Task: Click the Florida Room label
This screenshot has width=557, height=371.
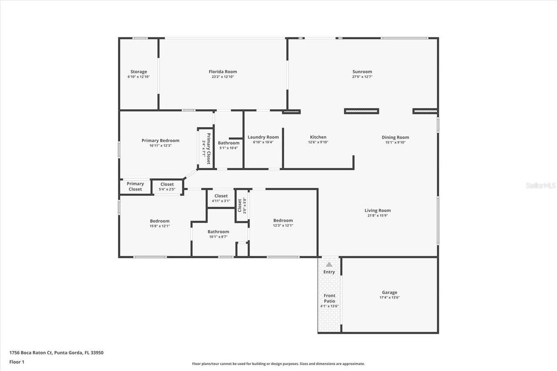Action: [223, 72]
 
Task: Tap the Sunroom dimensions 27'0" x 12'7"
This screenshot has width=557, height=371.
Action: [362, 77]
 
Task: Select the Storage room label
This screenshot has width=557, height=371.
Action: [139, 72]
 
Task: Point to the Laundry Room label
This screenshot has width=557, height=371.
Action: [263, 137]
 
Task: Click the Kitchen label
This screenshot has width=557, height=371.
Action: [318, 137]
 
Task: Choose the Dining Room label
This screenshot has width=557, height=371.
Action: [395, 137]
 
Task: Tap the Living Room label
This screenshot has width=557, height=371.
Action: [377, 211]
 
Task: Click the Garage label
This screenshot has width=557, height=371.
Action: [389, 293]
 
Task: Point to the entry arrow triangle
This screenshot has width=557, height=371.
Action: [329, 264]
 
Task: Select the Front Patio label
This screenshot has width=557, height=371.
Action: [329, 298]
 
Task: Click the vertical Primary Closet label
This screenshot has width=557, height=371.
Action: [209, 148]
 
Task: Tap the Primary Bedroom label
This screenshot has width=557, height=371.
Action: [160, 140]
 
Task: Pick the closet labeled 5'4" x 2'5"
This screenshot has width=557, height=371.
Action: [167, 190]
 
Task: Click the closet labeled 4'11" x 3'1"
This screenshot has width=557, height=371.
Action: [221, 201]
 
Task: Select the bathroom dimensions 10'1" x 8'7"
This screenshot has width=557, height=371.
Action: [218, 237]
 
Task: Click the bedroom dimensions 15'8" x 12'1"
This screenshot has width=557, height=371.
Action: [160, 226]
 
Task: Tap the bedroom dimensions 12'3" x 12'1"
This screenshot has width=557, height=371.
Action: [283, 225]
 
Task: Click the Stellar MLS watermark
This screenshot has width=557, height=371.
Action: [540, 185]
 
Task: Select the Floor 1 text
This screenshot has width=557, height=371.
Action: [17, 361]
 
